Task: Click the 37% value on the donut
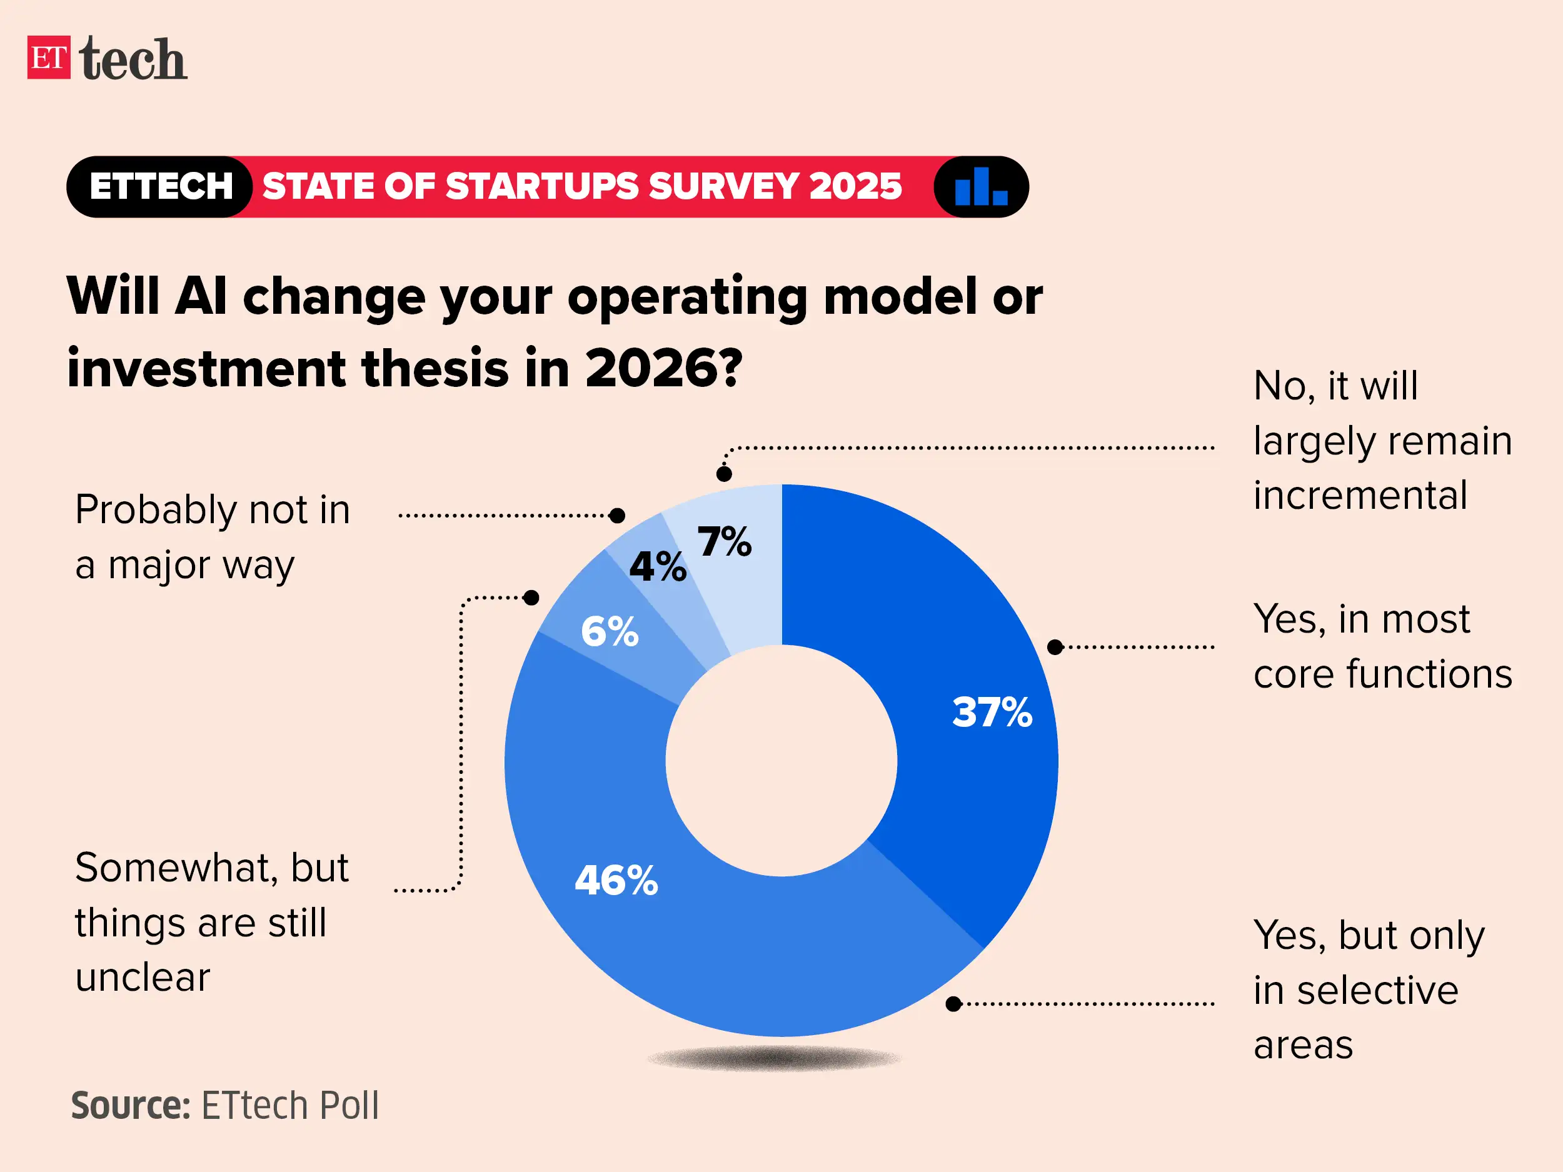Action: pyautogui.click(x=992, y=712)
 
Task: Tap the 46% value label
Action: pyautogui.click(x=616, y=880)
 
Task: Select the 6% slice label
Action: pyautogui.click(x=609, y=631)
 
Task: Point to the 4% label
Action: pyautogui.click(x=657, y=566)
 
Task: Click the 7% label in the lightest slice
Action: pyautogui.click(x=724, y=542)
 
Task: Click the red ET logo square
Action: pyautogui.click(x=49, y=58)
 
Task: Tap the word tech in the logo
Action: pyautogui.click(x=133, y=59)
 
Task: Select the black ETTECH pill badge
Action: pyautogui.click(x=161, y=186)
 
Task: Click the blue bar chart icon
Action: pyautogui.click(x=981, y=186)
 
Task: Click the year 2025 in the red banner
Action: pyautogui.click(x=855, y=186)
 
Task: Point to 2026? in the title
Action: pyautogui.click(x=663, y=368)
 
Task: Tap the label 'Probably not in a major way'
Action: pyautogui.click(x=212, y=537)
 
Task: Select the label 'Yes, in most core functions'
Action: pyautogui.click(x=1382, y=646)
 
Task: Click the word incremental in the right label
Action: pyautogui.click(x=1360, y=495)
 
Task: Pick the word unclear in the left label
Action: pyautogui.click(x=143, y=978)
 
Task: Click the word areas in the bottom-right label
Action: pyautogui.click(x=1303, y=1045)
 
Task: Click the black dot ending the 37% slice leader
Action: pyautogui.click(x=1055, y=647)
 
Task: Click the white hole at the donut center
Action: pyautogui.click(x=781, y=761)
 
